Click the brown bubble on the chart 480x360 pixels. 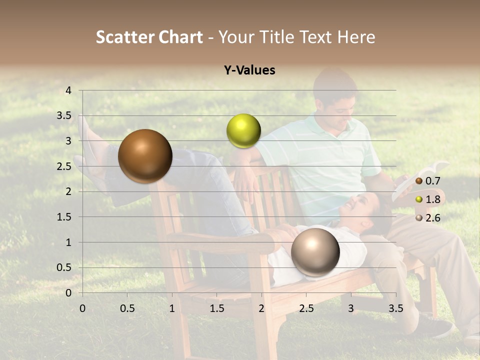pos(145,156)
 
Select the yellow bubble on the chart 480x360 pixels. pos(243,130)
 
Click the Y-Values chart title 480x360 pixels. pos(249,70)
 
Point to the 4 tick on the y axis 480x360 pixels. pos(68,90)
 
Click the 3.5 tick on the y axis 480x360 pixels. pos(64,116)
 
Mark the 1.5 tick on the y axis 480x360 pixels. pos(64,217)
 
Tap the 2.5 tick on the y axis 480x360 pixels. pos(64,166)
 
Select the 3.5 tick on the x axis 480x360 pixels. pos(395,308)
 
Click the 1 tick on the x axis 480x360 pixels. pos(172,308)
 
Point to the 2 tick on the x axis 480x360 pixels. pos(261,308)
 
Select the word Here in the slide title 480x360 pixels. pos(356,37)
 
